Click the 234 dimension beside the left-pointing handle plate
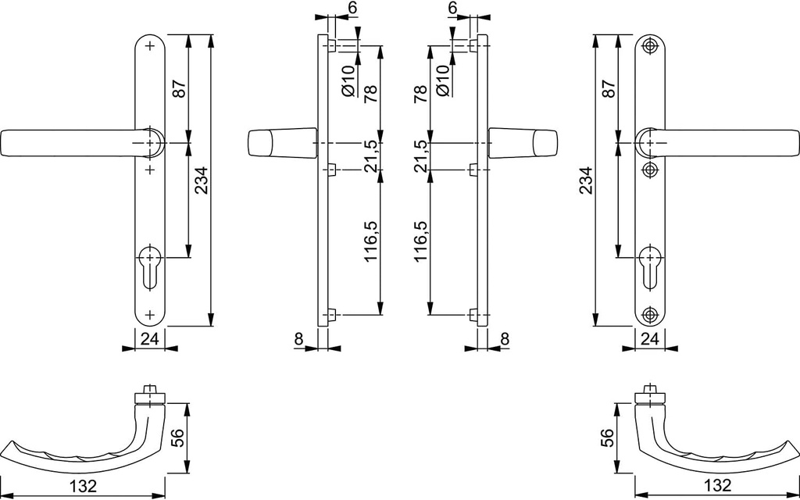pos(202,181)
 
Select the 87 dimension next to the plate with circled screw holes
pos(609,88)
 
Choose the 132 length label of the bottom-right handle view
pos(717,486)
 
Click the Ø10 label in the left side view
pos(348,81)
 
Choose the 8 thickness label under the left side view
pos(299,338)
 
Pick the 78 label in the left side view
pos(371,94)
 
